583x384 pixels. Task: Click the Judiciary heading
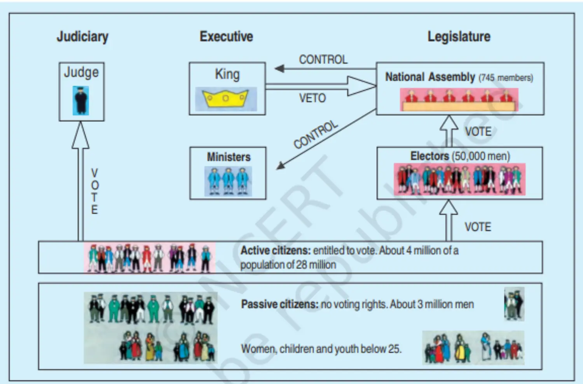(82, 37)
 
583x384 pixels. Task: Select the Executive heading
(226, 36)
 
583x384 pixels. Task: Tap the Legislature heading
(459, 37)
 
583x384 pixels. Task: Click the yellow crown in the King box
(225, 99)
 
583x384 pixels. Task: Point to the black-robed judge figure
(81, 101)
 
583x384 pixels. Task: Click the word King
(227, 75)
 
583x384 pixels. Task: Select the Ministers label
(229, 157)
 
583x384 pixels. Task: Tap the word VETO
(312, 98)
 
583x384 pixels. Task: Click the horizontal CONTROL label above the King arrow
(323, 60)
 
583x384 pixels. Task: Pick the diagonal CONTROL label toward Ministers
(316, 135)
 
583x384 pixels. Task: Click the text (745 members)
(506, 78)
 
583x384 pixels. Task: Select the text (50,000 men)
(481, 156)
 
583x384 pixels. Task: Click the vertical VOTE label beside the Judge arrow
(94, 191)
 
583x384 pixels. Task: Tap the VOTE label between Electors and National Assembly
(478, 132)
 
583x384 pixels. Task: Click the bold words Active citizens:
(276, 250)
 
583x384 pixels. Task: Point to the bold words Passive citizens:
(279, 304)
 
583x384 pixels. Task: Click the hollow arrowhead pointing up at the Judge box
(80, 135)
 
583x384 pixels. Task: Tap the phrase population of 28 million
(288, 265)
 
